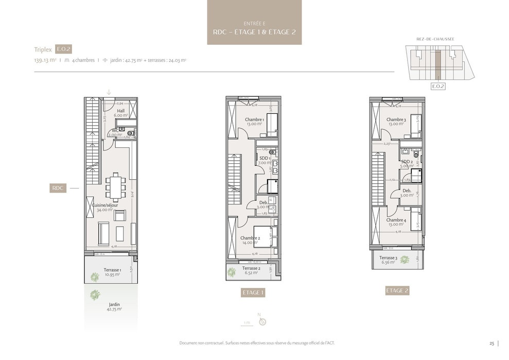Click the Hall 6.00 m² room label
(x=120, y=113)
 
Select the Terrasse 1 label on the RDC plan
(x=112, y=272)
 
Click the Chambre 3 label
(x=396, y=122)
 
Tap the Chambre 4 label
(x=396, y=222)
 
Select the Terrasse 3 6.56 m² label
(x=388, y=260)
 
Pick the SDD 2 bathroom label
(x=407, y=164)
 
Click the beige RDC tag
(x=58, y=188)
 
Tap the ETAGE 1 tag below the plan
(x=253, y=293)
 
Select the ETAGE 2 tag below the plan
(x=397, y=290)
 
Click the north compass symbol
(x=262, y=321)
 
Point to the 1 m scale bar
(x=248, y=323)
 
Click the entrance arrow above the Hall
(x=109, y=92)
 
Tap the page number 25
(x=492, y=343)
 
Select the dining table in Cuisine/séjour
(x=115, y=187)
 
